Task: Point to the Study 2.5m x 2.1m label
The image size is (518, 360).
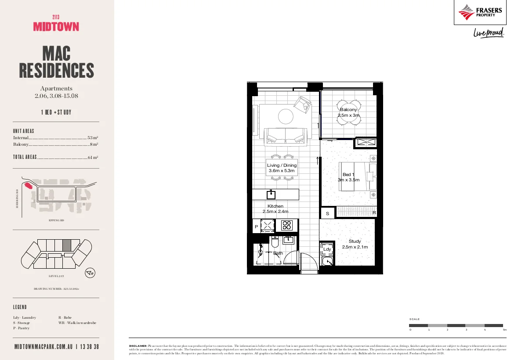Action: [x=355, y=244]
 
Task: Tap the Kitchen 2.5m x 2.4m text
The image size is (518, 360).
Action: [x=275, y=209]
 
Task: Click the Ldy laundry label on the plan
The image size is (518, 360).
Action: [x=327, y=249]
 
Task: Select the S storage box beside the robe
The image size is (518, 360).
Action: [x=327, y=213]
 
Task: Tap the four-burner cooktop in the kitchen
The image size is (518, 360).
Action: [x=287, y=225]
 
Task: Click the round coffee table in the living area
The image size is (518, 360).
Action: [x=286, y=116]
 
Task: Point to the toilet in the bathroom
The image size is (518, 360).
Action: [x=275, y=242]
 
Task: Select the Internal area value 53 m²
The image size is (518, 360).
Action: [x=93, y=138]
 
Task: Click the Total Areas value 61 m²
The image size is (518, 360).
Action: [x=93, y=157]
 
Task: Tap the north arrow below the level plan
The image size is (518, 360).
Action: [x=90, y=273]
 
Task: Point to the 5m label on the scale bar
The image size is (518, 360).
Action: [x=504, y=329]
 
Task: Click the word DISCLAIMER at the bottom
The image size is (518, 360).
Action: [x=138, y=346]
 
